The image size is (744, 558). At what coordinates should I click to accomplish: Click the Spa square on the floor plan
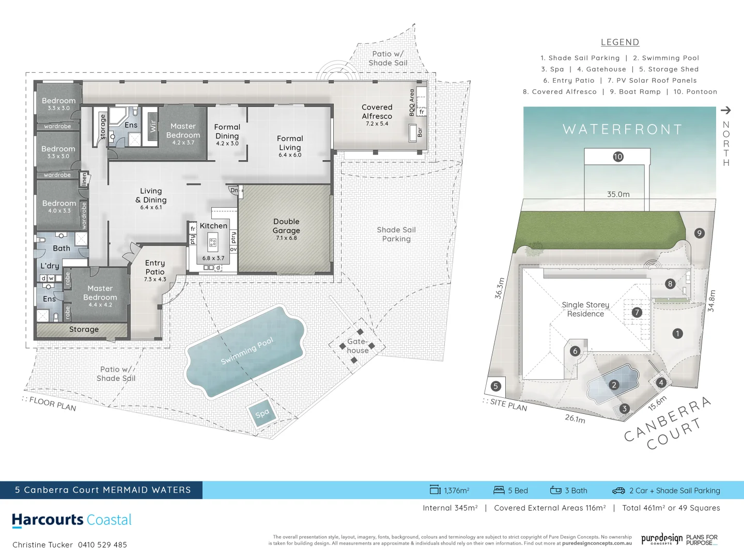tap(262, 413)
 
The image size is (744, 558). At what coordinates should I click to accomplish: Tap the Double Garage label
tap(286, 226)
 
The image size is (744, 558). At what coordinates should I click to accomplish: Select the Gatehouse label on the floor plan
tap(358, 346)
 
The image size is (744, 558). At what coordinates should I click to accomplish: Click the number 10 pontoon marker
tap(618, 157)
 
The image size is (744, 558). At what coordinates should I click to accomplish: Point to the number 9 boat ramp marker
tap(699, 233)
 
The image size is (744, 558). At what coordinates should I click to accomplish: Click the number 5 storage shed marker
tap(495, 386)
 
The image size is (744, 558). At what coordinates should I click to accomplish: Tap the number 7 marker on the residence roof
tap(637, 312)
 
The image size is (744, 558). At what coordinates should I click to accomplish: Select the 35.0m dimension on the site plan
tap(618, 194)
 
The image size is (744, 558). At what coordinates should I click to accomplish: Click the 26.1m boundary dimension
tap(575, 418)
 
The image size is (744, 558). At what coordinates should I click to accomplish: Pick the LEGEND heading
tap(620, 42)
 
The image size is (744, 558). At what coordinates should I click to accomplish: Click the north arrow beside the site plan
tap(726, 110)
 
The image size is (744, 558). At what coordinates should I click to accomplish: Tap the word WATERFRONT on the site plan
tap(623, 129)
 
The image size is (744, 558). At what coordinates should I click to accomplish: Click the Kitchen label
tap(213, 226)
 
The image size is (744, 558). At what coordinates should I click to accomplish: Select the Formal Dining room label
tap(227, 132)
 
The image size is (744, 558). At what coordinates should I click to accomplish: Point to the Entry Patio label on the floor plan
tap(155, 268)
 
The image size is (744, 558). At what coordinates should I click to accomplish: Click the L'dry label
tap(50, 266)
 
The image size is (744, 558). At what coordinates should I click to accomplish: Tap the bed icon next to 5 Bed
tap(499, 490)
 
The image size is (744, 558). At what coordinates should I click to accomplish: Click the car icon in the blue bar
tap(618, 490)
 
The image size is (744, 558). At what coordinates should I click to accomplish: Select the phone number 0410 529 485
tap(102, 545)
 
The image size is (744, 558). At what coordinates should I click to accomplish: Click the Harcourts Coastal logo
tap(72, 520)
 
